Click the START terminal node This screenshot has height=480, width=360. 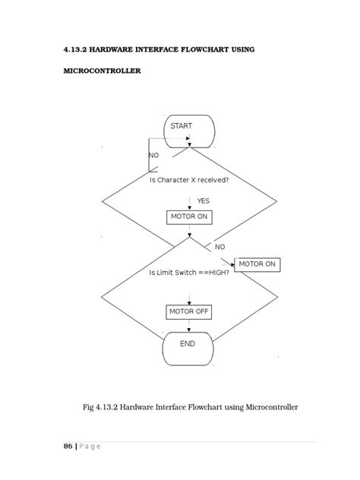(x=188, y=131)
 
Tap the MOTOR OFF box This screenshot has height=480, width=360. (x=189, y=312)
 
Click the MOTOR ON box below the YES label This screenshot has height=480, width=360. (x=189, y=216)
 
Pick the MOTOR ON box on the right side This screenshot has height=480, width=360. (x=258, y=264)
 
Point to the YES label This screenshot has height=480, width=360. (x=203, y=201)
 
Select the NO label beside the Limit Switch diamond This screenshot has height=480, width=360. (x=219, y=247)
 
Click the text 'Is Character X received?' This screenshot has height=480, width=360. (x=189, y=181)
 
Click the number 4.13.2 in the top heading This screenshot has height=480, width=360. (x=77, y=49)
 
